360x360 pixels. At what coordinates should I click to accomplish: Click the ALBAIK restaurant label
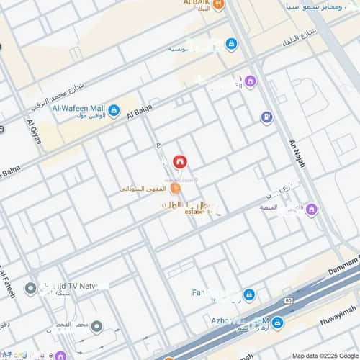click(195, 3)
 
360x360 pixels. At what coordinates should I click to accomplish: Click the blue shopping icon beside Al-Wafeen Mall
click(113, 111)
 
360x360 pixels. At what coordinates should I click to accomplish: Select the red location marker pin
click(180, 162)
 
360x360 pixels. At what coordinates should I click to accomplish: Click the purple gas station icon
click(267, 117)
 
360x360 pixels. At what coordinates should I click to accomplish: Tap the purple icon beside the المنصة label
click(311, 210)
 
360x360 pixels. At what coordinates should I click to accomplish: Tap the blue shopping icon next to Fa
click(248, 294)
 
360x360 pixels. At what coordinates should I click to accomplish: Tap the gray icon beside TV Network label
click(30, 289)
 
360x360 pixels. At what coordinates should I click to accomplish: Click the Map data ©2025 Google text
click(328, 355)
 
